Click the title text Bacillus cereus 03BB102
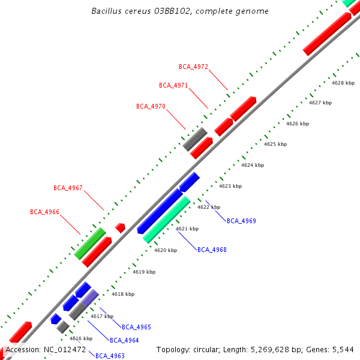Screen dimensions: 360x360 180,11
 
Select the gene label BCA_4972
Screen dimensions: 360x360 193,67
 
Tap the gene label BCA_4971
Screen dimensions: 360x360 173,86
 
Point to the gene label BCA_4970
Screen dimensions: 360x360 151,106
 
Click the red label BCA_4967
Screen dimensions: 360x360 68,188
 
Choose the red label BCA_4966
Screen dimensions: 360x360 44,212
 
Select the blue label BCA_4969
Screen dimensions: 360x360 241,221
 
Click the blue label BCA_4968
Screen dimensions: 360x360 212,250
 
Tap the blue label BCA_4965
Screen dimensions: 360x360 136,328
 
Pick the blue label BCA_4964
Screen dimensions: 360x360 124,340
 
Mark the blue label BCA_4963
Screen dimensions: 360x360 110,356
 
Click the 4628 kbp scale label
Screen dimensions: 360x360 343,83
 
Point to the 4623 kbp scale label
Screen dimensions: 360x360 230,187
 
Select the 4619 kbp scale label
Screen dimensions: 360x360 144,272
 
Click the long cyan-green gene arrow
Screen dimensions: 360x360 167,220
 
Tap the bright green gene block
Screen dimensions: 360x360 90,243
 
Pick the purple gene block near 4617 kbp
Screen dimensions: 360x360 89,298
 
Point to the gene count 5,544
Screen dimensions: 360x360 342,349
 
